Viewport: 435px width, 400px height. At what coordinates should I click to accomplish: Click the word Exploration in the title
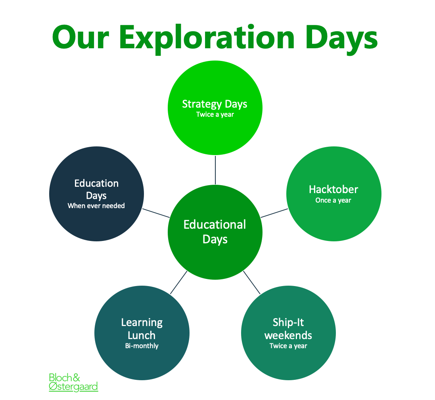coord(207,39)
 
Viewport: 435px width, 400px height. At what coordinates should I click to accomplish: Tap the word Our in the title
coord(80,37)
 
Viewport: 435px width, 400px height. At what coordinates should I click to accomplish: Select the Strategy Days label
coord(215,104)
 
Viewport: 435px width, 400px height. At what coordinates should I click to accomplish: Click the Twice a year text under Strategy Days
coord(215,114)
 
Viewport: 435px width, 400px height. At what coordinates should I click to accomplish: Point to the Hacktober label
coord(333,190)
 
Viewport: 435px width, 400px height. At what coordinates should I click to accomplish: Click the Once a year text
coord(333,200)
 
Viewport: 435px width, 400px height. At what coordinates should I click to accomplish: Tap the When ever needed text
coord(96,206)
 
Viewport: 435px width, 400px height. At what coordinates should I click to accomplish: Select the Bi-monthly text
coord(142,346)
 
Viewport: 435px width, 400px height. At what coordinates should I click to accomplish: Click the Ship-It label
coord(288,322)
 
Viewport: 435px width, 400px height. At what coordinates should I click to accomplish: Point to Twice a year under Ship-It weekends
coord(288,346)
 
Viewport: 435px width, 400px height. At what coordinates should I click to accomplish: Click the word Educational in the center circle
coord(215,224)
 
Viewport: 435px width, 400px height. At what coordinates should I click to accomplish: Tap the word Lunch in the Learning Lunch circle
coord(142,335)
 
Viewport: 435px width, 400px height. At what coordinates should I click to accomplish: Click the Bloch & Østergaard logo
coord(73,382)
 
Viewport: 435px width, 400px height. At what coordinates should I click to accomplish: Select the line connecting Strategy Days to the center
coord(215,170)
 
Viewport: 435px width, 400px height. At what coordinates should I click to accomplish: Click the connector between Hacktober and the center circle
coord(274,213)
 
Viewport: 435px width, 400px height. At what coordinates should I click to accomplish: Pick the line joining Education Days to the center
coord(156,213)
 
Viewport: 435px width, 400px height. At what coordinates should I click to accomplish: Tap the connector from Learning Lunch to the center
coord(179,282)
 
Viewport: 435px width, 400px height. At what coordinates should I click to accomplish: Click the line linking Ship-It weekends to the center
coord(252,282)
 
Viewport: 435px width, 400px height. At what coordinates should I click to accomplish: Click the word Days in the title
coord(341,39)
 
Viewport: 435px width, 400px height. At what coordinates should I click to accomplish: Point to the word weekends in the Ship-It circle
coord(288,335)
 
